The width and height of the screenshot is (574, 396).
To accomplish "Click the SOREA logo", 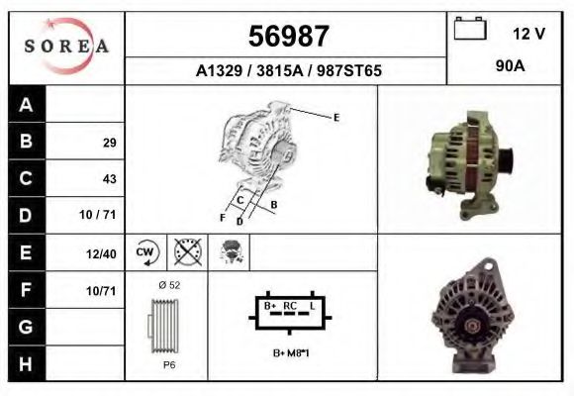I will pyautogui.click(x=66, y=46).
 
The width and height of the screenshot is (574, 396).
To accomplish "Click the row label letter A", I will pyautogui.click(x=27, y=105).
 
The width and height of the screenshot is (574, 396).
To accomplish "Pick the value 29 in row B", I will pyautogui.click(x=109, y=143).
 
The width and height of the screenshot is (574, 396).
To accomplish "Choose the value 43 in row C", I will pyautogui.click(x=109, y=179).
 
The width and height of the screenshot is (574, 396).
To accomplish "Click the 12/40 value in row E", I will pyautogui.click(x=102, y=253).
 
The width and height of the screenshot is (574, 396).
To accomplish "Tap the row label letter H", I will pyautogui.click(x=27, y=363).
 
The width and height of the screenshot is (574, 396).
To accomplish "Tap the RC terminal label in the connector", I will pyautogui.click(x=290, y=306).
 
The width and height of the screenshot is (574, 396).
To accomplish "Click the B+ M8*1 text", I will pyautogui.click(x=291, y=352).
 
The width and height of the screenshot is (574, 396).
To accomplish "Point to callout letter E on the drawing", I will pyautogui.click(x=336, y=118).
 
